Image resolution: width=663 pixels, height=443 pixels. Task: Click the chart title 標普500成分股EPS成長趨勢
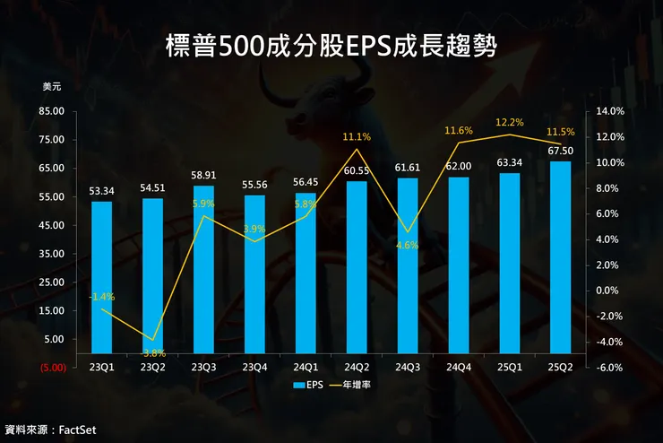331,46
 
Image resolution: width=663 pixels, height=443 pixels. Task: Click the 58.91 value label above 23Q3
203,177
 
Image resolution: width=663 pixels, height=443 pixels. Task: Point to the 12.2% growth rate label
509,122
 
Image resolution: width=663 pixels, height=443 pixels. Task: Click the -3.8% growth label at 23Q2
152,352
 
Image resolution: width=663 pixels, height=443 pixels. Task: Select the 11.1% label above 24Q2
357,137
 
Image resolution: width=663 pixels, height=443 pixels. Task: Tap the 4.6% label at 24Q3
407,245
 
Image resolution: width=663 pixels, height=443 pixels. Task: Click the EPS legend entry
306,386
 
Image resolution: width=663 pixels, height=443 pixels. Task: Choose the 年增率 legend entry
358,386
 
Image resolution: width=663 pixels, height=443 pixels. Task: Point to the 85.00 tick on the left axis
53,111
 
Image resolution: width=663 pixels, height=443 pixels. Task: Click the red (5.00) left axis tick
51,367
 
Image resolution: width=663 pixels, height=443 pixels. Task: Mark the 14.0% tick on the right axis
608,111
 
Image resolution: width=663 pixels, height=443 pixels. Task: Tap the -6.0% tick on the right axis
608,367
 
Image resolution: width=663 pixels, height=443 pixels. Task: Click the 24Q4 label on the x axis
458,367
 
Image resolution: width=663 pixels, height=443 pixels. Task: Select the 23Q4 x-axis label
254,367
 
